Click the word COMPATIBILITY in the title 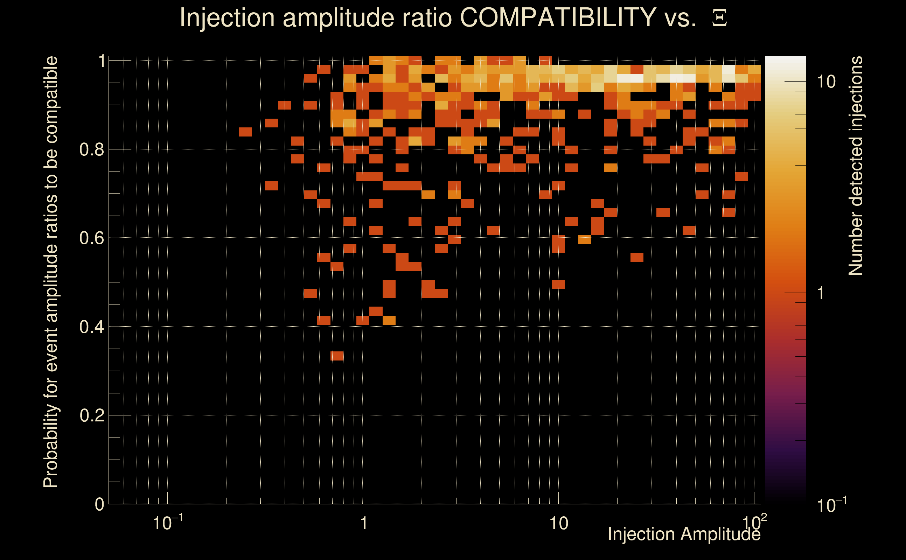(x=558, y=17)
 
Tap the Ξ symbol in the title (x=719, y=18)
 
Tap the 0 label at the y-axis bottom (x=99, y=504)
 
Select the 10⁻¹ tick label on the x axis (x=167, y=523)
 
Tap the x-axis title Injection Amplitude (x=684, y=534)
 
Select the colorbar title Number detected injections (x=855, y=166)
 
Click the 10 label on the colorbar (x=826, y=82)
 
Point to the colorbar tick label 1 (x=821, y=293)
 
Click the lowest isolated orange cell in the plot (x=337, y=356)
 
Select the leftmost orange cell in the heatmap (x=245, y=132)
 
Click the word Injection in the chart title (x=227, y=17)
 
